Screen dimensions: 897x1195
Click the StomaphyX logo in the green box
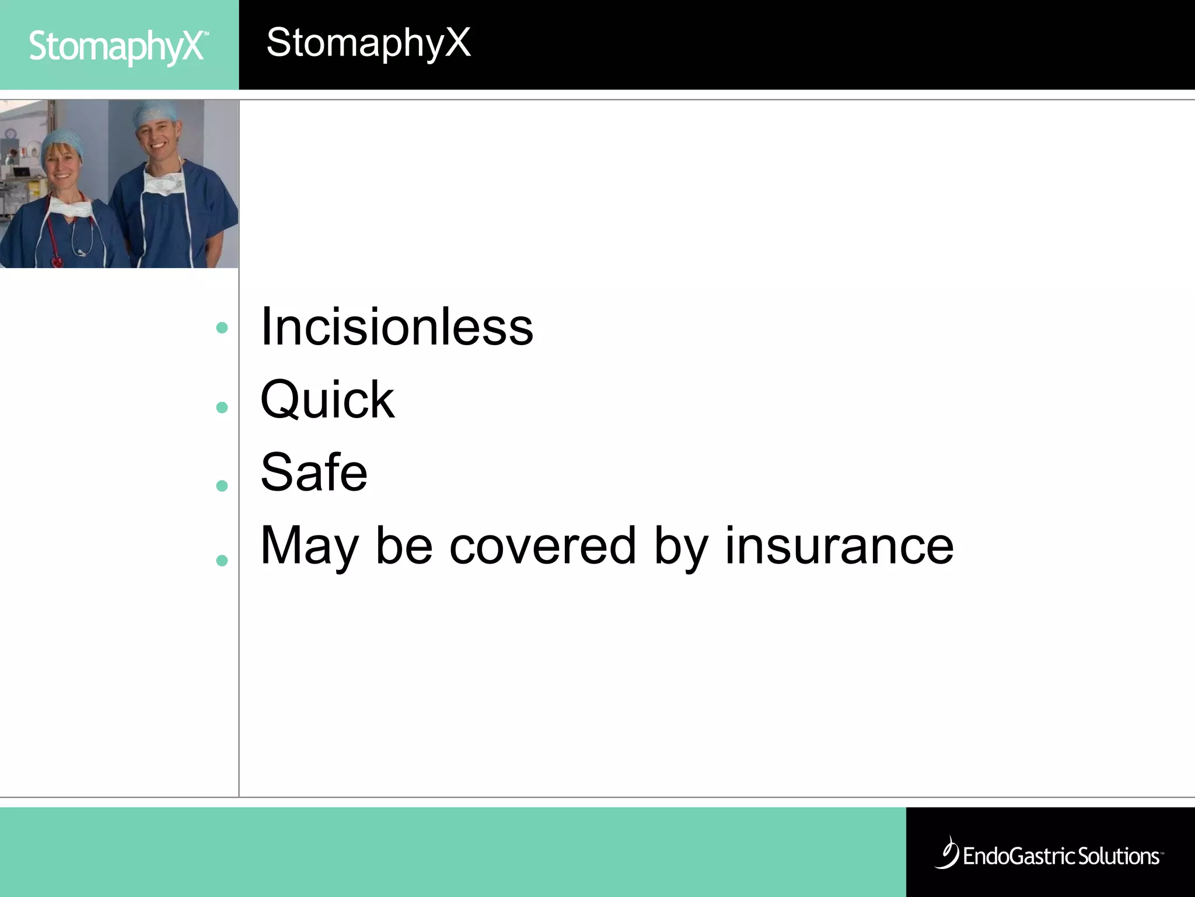pos(117,47)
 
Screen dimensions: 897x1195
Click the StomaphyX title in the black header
pos(368,43)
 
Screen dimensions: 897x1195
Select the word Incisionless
pos(397,327)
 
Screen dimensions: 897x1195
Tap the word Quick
pos(327,400)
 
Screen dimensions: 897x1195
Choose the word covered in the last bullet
pos(543,545)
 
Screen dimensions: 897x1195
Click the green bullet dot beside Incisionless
pos(222,328)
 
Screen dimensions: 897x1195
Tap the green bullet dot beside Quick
pos(222,407)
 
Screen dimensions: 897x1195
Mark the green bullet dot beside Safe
pos(222,485)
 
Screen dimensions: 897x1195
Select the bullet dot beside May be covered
pos(222,561)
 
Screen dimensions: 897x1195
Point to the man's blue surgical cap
pos(155,112)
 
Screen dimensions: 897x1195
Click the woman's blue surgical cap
pos(61,140)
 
